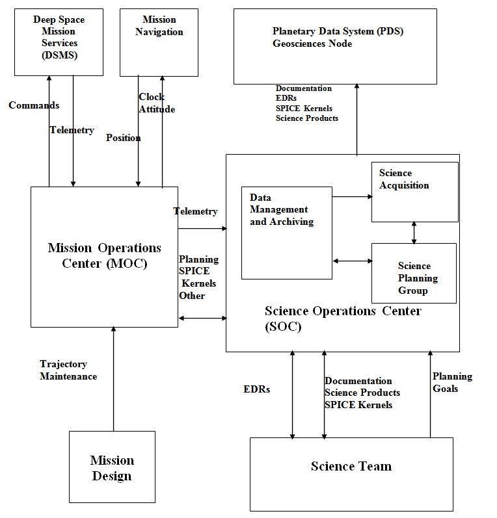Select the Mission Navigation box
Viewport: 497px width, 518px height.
(159, 42)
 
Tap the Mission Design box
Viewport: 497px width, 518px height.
(112, 467)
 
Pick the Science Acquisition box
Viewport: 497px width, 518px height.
(414, 192)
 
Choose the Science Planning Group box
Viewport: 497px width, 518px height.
(414, 273)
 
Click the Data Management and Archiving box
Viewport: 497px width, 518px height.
(286, 233)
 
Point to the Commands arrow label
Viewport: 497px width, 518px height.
(34, 105)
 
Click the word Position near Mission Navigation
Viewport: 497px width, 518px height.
(124, 138)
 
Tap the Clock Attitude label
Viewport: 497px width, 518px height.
(156, 103)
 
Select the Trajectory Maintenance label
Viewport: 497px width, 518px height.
(68, 370)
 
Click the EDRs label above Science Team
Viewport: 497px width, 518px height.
(256, 390)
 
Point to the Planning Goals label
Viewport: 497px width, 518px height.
(452, 383)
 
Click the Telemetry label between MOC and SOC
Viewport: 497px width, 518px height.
(196, 211)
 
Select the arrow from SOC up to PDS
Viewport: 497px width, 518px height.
(356, 120)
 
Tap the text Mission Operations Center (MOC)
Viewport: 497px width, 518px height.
(104, 255)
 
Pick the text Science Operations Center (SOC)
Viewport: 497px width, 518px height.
(343, 318)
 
